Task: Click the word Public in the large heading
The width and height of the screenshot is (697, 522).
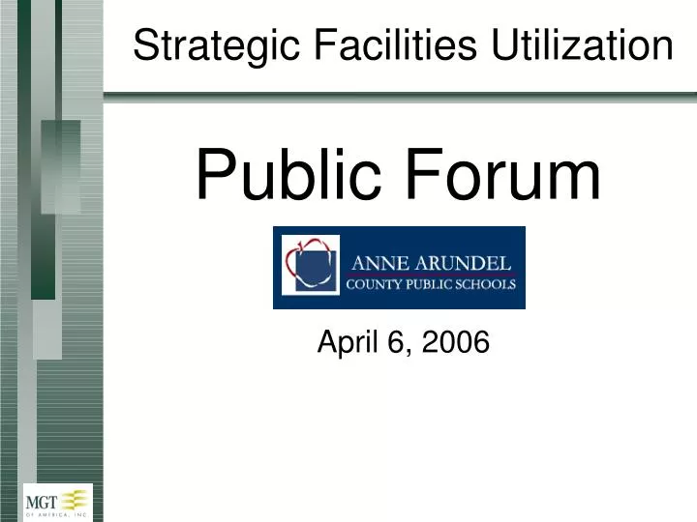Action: click(282, 176)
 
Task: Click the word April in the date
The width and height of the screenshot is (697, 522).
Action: click(348, 342)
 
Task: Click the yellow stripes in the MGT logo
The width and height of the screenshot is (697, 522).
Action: click(76, 498)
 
